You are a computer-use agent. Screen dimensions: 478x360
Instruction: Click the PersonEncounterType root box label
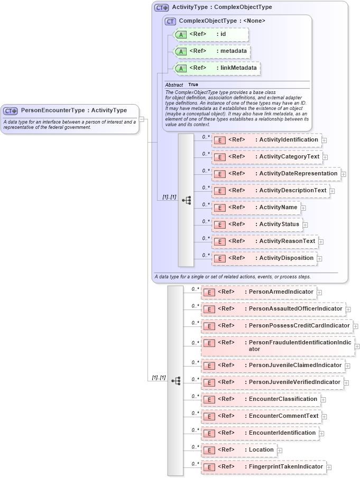[x=73, y=110]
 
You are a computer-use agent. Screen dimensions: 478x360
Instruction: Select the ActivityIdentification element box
[x=266, y=140]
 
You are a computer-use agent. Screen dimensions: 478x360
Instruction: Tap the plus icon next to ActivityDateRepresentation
[x=344, y=174]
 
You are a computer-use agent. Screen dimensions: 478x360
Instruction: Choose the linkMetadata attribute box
[x=217, y=68]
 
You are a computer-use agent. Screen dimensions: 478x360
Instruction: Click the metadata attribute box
[x=211, y=51]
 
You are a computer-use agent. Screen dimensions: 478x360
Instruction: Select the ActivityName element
[x=256, y=208]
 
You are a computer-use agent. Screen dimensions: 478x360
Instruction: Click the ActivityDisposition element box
[x=264, y=258]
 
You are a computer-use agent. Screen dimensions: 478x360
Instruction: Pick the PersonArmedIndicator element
[x=259, y=292]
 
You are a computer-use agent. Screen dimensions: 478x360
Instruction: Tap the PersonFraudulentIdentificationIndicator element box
[x=278, y=346]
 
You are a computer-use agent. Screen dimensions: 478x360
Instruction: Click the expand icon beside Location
[x=280, y=451]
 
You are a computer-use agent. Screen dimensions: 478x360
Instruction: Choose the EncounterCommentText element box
[x=261, y=416]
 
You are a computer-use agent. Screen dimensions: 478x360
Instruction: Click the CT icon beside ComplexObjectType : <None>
[x=170, y=21]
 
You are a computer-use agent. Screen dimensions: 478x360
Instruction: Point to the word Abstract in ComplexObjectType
[x=174, y=85]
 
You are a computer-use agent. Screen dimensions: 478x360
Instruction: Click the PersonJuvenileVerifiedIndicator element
[x=272, y=382]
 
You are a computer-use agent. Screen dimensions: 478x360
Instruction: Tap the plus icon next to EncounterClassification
[x=323, y=400]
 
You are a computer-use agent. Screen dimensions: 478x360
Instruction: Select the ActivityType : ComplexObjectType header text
[x=221, y=7]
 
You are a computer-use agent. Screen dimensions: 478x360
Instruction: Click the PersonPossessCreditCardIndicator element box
[x=276, y=326]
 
